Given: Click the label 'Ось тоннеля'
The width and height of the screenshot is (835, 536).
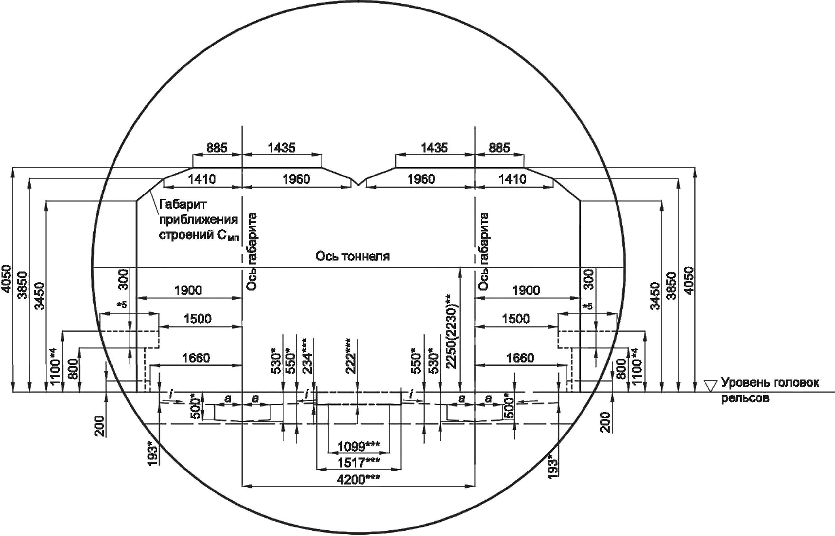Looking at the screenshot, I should [353, 256].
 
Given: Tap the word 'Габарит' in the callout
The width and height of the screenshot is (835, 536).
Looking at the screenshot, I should [183, 204].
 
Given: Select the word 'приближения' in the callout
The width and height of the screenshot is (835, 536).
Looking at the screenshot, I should [199, 220].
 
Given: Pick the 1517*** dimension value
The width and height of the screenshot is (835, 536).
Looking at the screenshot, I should [358, 462].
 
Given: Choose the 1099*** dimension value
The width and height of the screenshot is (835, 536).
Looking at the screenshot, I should [358, 446].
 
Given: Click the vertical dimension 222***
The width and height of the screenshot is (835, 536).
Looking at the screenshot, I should [351, 356].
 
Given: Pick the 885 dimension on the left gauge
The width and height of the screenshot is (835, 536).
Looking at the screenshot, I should [217, 148].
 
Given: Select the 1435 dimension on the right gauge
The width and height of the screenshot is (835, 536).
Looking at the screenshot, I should [434, 148].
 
